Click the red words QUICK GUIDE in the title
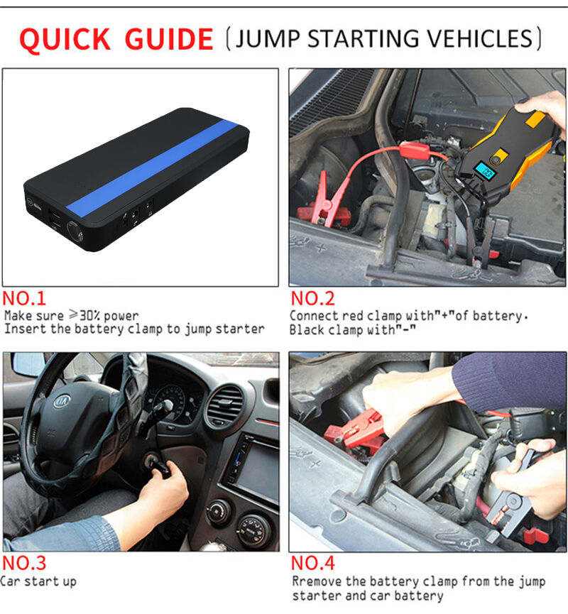pyautogui.click(x=116, y=39)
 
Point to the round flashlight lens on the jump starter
pyautogui.click(x=75, y=230)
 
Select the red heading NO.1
pyautogui.click(x=24, y=298)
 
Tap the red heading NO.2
pyautogui.click(x=312, y=298)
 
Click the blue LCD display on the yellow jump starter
pyautogui.click(x=485, y=171)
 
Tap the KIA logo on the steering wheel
pyautogui.click(x=62, y=401)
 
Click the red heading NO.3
pyautogui.click(x=24, y=563)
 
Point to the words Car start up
pyautogui.click(x=38, y=581)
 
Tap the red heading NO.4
pyautogui.click(x=312, y=563)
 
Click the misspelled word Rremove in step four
pyautogui.click(x=317, y=581)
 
